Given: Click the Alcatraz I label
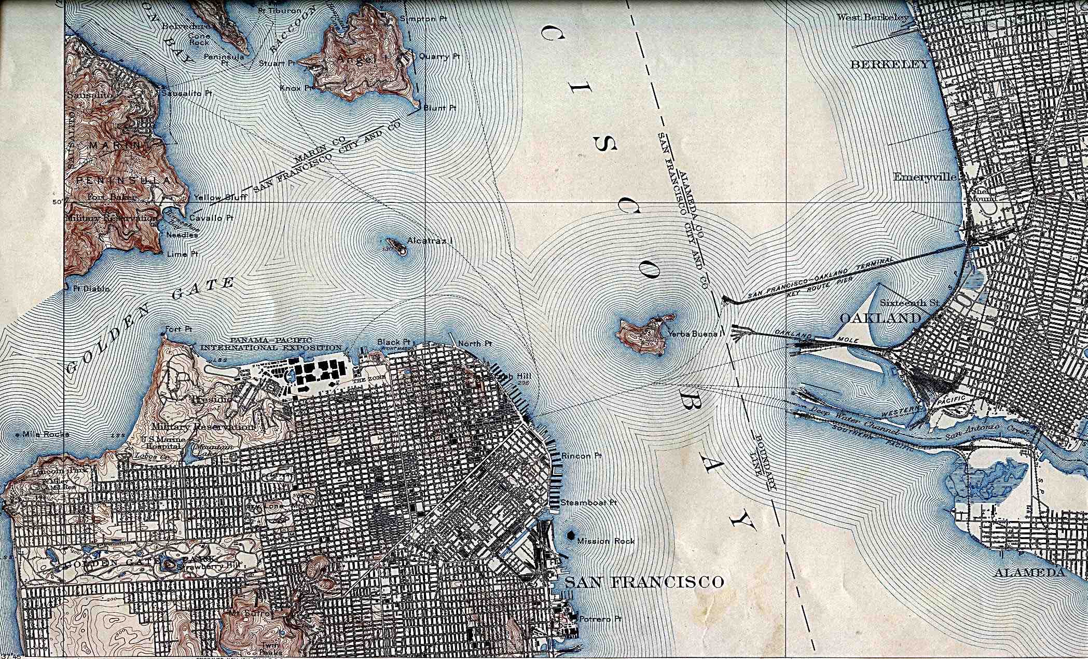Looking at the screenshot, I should click(431, 241).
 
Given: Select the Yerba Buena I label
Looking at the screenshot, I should click(694, 334).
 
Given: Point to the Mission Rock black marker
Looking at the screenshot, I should click(571, 535).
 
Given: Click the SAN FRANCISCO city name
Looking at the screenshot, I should click(644, 582).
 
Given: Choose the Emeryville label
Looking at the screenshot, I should click(925, 177).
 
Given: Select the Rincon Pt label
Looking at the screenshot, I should click(582, 456).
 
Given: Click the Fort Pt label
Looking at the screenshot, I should click(177, 330).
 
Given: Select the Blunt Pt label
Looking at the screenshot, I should click(440, 108).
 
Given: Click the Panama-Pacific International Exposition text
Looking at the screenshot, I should click(271, 344).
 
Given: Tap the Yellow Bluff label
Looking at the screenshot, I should click(220, 198).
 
